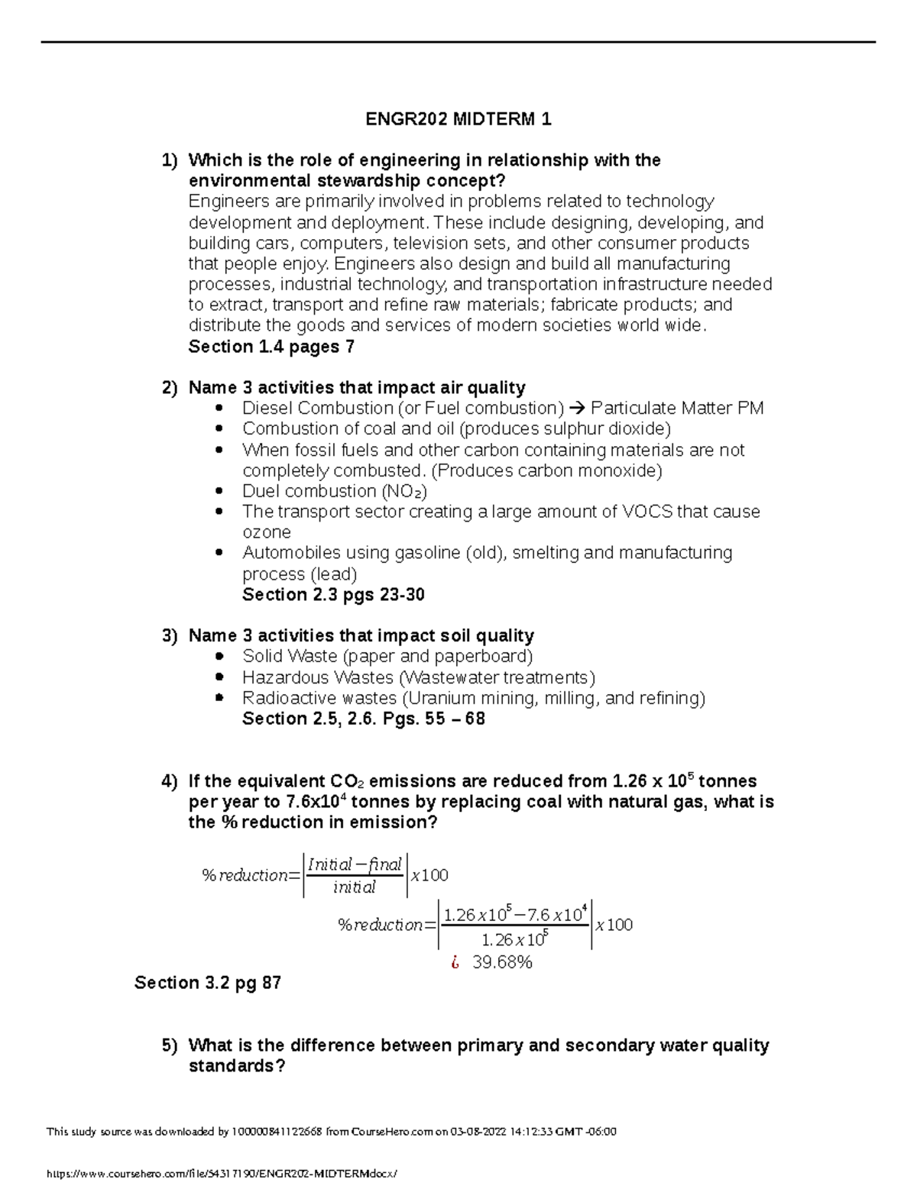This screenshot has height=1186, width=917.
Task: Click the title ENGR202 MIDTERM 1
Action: (x=458, y=119)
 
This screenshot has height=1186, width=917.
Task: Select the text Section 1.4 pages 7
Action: (x=271, y=347)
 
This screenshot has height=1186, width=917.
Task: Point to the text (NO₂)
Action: (x=404, y=491)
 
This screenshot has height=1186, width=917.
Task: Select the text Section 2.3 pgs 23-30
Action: (x=333, y=595)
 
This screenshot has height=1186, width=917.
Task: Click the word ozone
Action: (x=266, y=532)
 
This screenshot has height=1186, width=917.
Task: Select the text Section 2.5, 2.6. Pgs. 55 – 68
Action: (x=363, y=719)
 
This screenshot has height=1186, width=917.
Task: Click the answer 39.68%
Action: (x=502, y=962)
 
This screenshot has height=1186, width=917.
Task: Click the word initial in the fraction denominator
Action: (x=355, y=887)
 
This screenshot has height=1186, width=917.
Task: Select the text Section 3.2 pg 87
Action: (x=208, y=983)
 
